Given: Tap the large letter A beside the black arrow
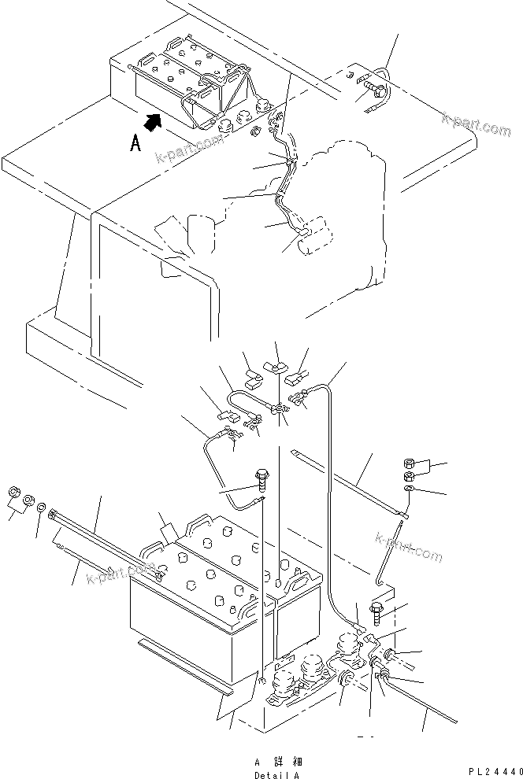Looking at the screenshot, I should click(x=135, y=145).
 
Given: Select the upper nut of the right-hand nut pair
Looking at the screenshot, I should click(x=410, y=463).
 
